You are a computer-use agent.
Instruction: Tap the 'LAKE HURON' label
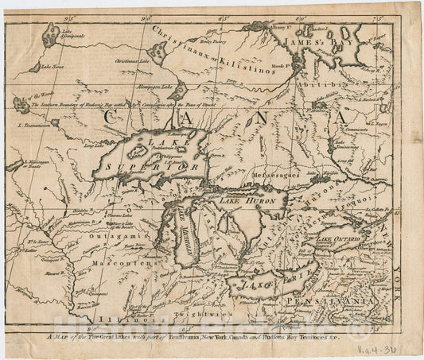(x=238, y=201)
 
